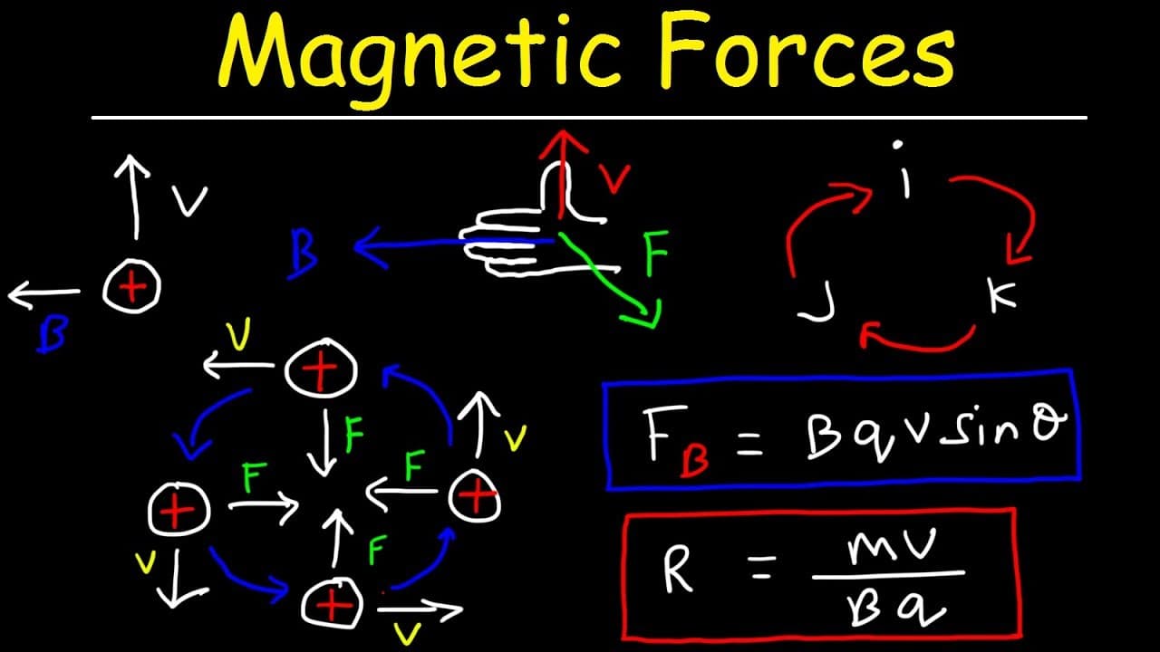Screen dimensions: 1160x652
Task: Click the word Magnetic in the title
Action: [x=420, y=58]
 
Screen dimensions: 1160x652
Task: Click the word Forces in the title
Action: [x=808, y=51]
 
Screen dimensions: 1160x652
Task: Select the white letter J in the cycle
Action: [x=817, y=302]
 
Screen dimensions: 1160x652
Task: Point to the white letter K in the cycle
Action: [x=1002, y=295]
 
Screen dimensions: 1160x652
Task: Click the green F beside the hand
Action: [x=656, y=254]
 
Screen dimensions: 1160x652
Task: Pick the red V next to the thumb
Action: [x=614, y=179]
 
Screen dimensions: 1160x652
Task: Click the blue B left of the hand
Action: [x=304, y=254]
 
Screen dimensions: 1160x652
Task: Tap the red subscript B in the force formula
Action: [x=694, y=458]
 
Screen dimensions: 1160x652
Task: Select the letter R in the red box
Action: [x=677, y=570]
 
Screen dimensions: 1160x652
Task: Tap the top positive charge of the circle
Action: [x=321, y=369]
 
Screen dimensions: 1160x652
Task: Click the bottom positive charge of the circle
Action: [x=332, y=604]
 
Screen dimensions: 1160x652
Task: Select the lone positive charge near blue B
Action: [x=131, y=286]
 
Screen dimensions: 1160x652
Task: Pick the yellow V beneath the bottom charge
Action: [x=408, y=632]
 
